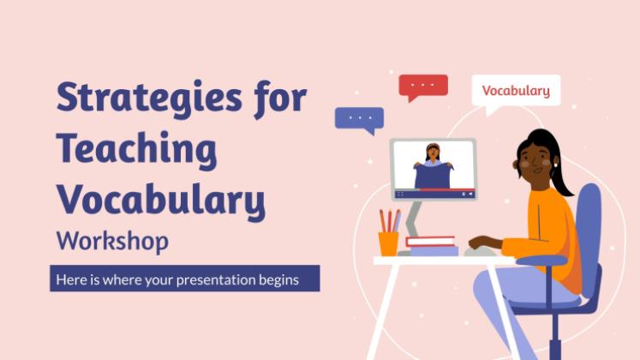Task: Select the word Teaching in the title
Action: click(137, 150)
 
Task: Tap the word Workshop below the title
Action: click(112, 241)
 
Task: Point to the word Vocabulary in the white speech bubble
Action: click(516, 91)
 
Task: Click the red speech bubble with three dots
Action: click(423, 87)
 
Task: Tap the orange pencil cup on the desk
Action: click(388, 243)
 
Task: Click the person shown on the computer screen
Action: click(433, 166)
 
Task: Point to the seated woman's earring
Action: click(555, 165)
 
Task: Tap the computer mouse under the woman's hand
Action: click(480, 251)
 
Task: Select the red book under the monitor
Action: click(431, 241)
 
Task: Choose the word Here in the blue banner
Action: click(71, 279)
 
